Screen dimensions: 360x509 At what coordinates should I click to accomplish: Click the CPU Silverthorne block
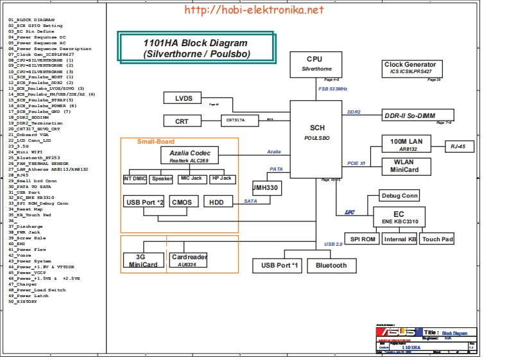click(x=315, y=62)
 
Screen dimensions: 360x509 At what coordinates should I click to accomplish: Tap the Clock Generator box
click(x=410, y=68)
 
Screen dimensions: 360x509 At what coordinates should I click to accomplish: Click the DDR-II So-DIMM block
click(x=409, y=116)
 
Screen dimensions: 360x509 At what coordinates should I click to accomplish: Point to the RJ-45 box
click(x=462, y=146)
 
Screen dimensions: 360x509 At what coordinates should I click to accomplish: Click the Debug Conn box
click(x=399, y=196)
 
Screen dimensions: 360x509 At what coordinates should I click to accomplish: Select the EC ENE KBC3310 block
click(x=399, y=216)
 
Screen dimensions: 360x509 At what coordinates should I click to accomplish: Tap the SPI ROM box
click(x=363, y=239)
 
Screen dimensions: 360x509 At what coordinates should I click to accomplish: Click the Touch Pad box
click(x=438, y=239)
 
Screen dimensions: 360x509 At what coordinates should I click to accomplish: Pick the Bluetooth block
click(x=331, y=265)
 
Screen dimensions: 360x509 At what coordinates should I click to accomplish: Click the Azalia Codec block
click(x=189, y=155)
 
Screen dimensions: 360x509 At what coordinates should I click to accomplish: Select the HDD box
click(x=218, y=202)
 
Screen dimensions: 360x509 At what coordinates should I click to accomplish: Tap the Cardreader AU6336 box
click(x=189, y=260)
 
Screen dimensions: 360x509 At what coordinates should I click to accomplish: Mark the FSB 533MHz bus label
click(x=332, y=89)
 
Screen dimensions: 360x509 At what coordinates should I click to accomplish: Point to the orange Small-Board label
click(x=155, y=141)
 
